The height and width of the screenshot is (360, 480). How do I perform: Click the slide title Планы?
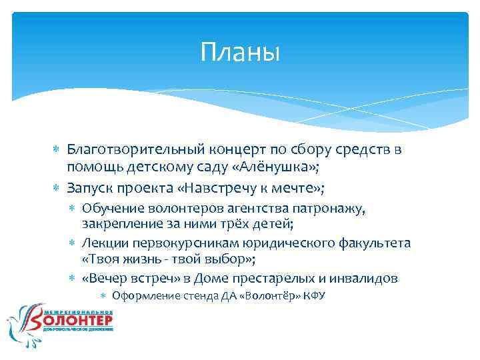[x=240, y=52]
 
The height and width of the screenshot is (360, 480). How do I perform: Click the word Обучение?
[x=113, y=209]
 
